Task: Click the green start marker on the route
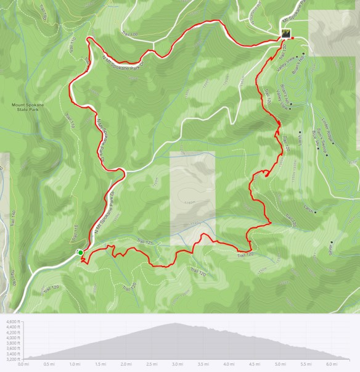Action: [x=80, y=252]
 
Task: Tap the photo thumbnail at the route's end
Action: [x=285, y=33]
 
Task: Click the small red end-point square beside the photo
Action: [x=293, y=38]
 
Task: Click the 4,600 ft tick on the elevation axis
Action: [x=12, y=322]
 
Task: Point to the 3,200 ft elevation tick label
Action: [x=12, y=358]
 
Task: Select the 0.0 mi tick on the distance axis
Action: [x=23, y=364]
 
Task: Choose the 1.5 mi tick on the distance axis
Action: [x=100, y=364]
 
